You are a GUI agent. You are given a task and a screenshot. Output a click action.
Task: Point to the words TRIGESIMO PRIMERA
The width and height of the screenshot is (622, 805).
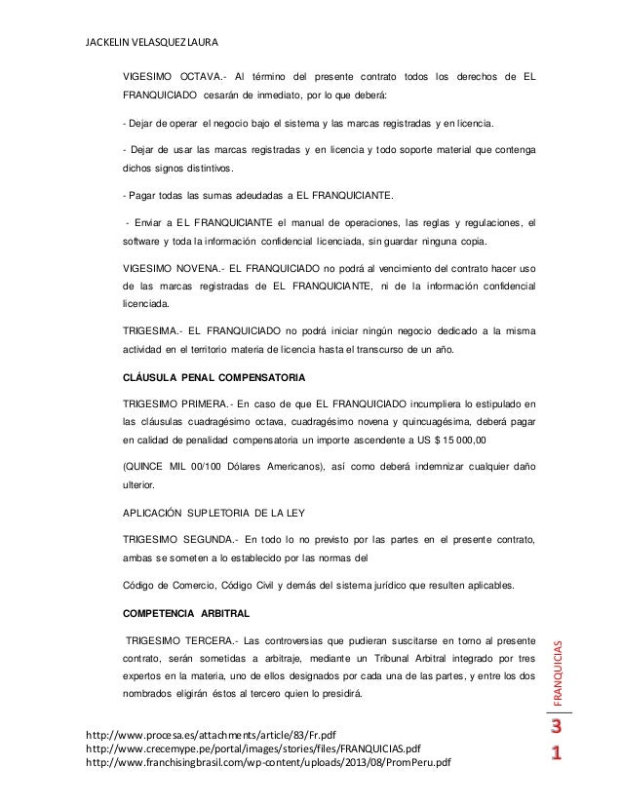(175, 402)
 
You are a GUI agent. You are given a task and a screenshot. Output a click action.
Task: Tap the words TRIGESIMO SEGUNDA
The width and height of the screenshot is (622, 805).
(176, 538)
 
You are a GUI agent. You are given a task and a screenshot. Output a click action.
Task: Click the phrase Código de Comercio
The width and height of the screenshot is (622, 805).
(169, 585)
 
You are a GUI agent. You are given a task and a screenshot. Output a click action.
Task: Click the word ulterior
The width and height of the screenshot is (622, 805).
(140, 484)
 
